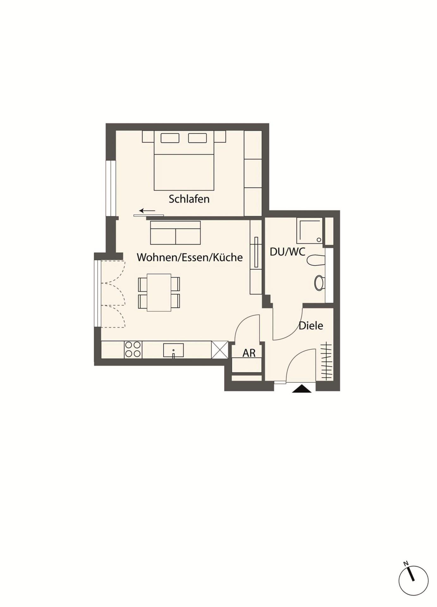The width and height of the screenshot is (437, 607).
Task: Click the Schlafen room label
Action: [189, 199]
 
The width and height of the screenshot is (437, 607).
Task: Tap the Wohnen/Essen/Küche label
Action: [190, 257]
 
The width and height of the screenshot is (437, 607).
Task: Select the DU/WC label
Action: [287, 252]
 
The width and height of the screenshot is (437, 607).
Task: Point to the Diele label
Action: [311, 326]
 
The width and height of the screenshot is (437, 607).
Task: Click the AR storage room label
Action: [249, 353]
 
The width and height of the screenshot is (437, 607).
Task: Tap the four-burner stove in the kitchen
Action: [133, 350]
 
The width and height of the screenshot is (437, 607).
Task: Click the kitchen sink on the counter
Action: [173, 350]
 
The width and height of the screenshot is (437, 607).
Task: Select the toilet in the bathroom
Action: [320, 283]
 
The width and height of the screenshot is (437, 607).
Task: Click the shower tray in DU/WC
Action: [310, 230]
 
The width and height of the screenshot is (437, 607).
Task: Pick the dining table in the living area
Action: [159, 293]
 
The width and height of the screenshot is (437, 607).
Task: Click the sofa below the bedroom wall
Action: [175, 233]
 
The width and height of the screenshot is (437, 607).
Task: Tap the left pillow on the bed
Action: [170, 138]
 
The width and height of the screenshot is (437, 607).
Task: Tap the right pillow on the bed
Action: [198, 138]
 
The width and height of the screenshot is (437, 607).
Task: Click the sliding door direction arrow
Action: [147, 211]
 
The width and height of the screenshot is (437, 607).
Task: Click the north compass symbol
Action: [413, 580]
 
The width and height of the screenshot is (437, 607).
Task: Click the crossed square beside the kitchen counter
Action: [220, 350]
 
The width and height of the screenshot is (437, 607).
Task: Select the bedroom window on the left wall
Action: [111, 188]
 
